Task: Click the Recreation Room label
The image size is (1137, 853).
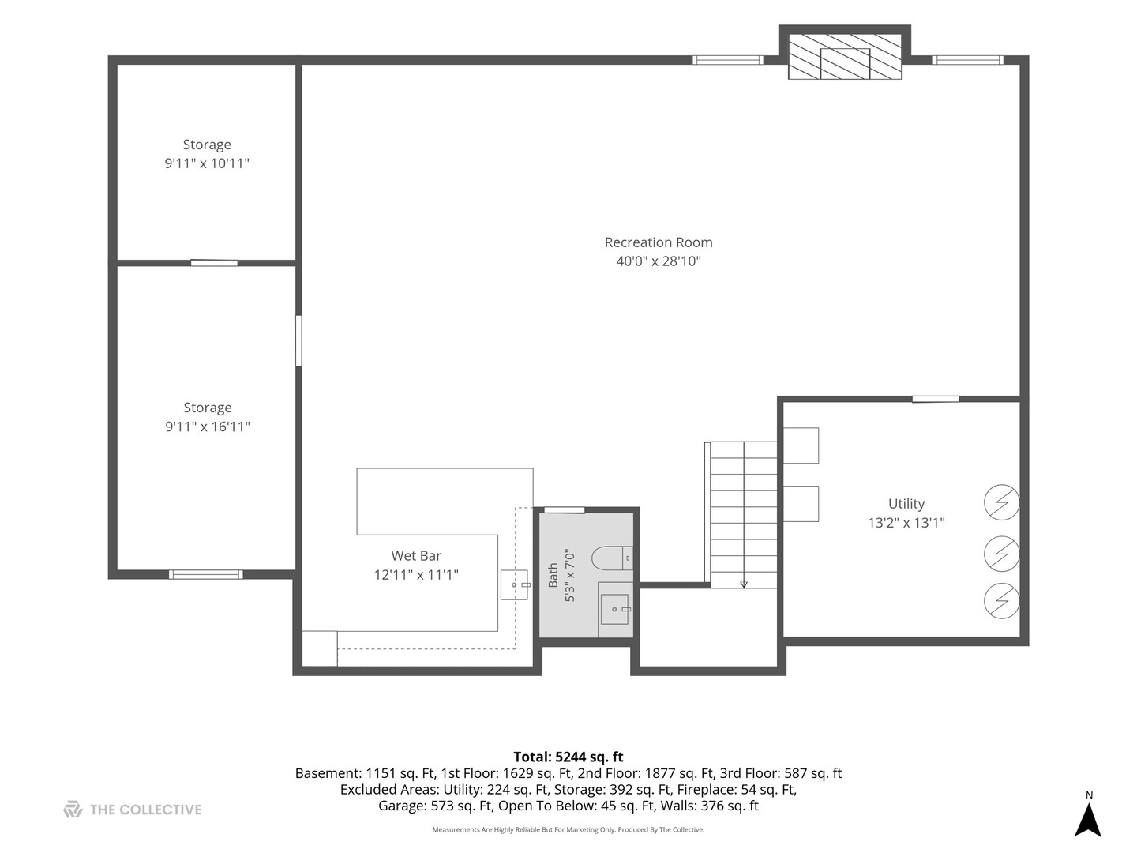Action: click(658, 242)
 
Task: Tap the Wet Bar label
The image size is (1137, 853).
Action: click(416, 556)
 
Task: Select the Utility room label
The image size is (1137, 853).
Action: click(906, 504)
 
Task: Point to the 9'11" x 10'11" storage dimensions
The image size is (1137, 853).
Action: click(207, 163)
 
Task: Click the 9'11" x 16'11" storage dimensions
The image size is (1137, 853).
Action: click(207, 426)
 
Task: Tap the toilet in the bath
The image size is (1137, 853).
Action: click(612, 558)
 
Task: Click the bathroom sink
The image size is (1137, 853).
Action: click(615, 610)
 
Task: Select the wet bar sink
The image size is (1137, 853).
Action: click(514, 584)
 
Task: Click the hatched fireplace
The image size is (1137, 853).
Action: click(845, 57)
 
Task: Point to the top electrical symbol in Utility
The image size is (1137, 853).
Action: click(1001, 502)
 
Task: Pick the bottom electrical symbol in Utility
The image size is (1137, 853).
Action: click(1001, 601)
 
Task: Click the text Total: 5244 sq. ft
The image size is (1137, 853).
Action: click(568, 757)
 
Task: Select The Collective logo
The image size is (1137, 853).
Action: click(132, 810)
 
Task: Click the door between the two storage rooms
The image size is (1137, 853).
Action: click(214, 263)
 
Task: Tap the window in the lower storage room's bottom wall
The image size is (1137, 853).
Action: click(205, 574)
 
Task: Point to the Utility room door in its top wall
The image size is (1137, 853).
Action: click(936, 399)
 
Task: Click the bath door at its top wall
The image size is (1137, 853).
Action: click(564, 510)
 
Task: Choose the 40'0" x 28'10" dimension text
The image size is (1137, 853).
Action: click(658, 261)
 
